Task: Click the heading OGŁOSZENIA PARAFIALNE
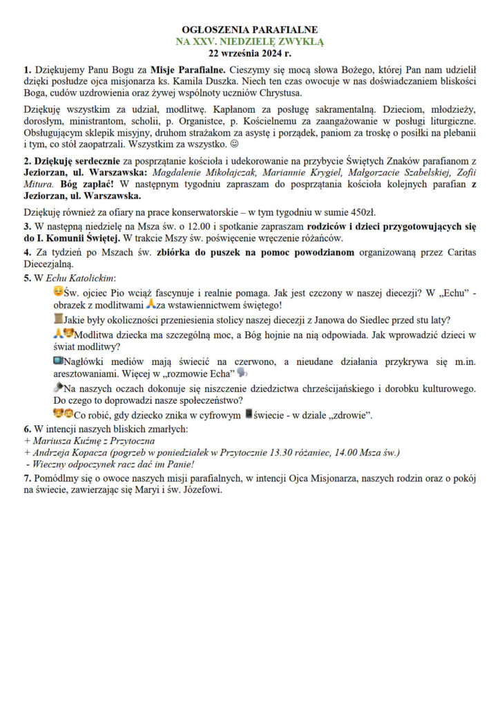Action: (250, 30)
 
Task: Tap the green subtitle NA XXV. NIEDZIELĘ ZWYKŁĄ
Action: (250, 41)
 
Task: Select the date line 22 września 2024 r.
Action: (250, 53)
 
